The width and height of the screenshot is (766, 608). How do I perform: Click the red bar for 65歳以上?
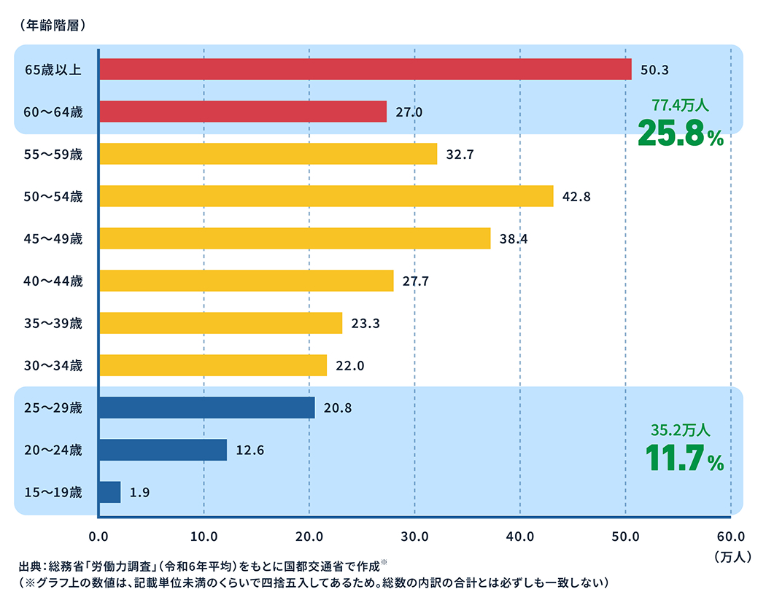pyautogui.click(x=365, y=69)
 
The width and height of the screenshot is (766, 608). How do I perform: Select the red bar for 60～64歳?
pyautogui.click(x=242, y=112)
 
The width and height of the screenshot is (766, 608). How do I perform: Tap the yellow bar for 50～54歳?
pyautogui.click(x=325, y=196)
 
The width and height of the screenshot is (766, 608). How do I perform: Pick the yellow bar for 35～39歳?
pyautogui.click(x=220, y=323)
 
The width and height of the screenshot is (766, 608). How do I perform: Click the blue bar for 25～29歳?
pyautogui.click(x=206, y=408)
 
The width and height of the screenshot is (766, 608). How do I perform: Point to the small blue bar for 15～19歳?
pyautogui.click(x=109, y=492)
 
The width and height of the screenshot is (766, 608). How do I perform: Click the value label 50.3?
pyautogui.click(x=654, y=70)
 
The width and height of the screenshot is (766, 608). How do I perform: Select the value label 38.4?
pyautogui.click(x=514, y=238)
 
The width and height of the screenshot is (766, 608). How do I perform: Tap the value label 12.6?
pyautogui.click(x=249, y=451)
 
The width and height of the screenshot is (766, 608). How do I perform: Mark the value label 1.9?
pyautogui.click(x=139, y=493)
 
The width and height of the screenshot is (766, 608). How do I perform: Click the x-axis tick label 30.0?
pyautogui.click(x=414, y=537)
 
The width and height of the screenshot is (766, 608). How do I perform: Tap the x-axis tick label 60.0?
pyautogui.click(x=730, y=537)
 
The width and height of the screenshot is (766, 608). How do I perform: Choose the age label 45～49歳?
pyautogui.click(x=53, y=238)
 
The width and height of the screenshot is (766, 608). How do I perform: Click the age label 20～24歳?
pyautogui.click(x=53, y=451)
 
